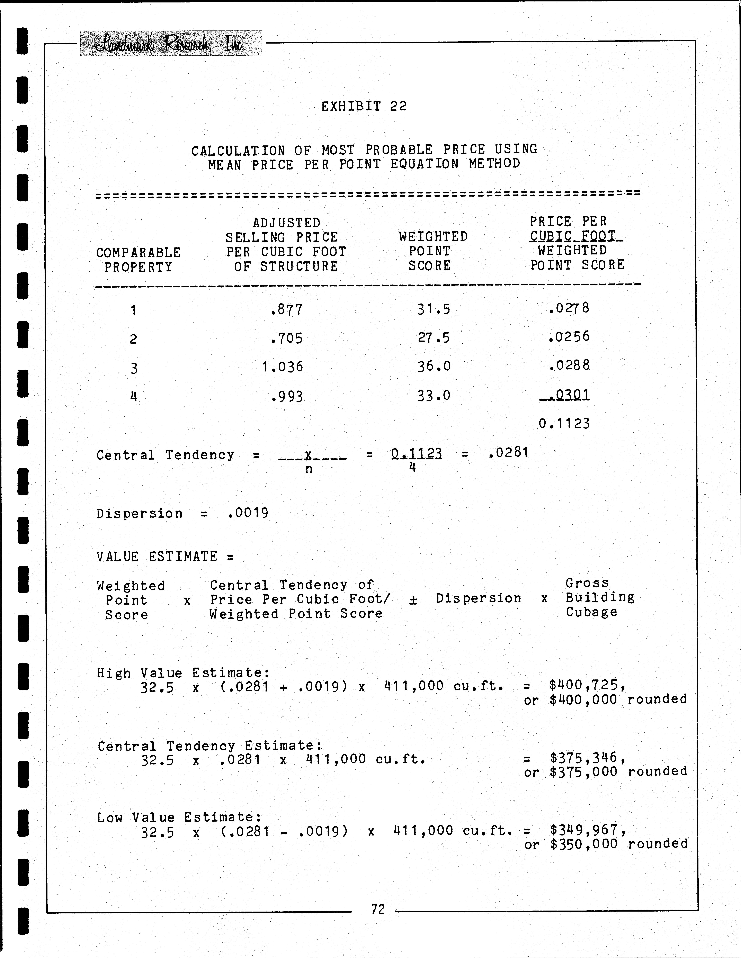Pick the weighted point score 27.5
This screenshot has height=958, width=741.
[x=434, y=338]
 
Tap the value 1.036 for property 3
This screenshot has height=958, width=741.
[x=282, y=367]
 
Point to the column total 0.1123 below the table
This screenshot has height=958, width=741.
[x=564, y=424]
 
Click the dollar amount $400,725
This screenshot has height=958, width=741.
[x=586, y=685]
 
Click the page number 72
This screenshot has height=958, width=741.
[x=378, y=909]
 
